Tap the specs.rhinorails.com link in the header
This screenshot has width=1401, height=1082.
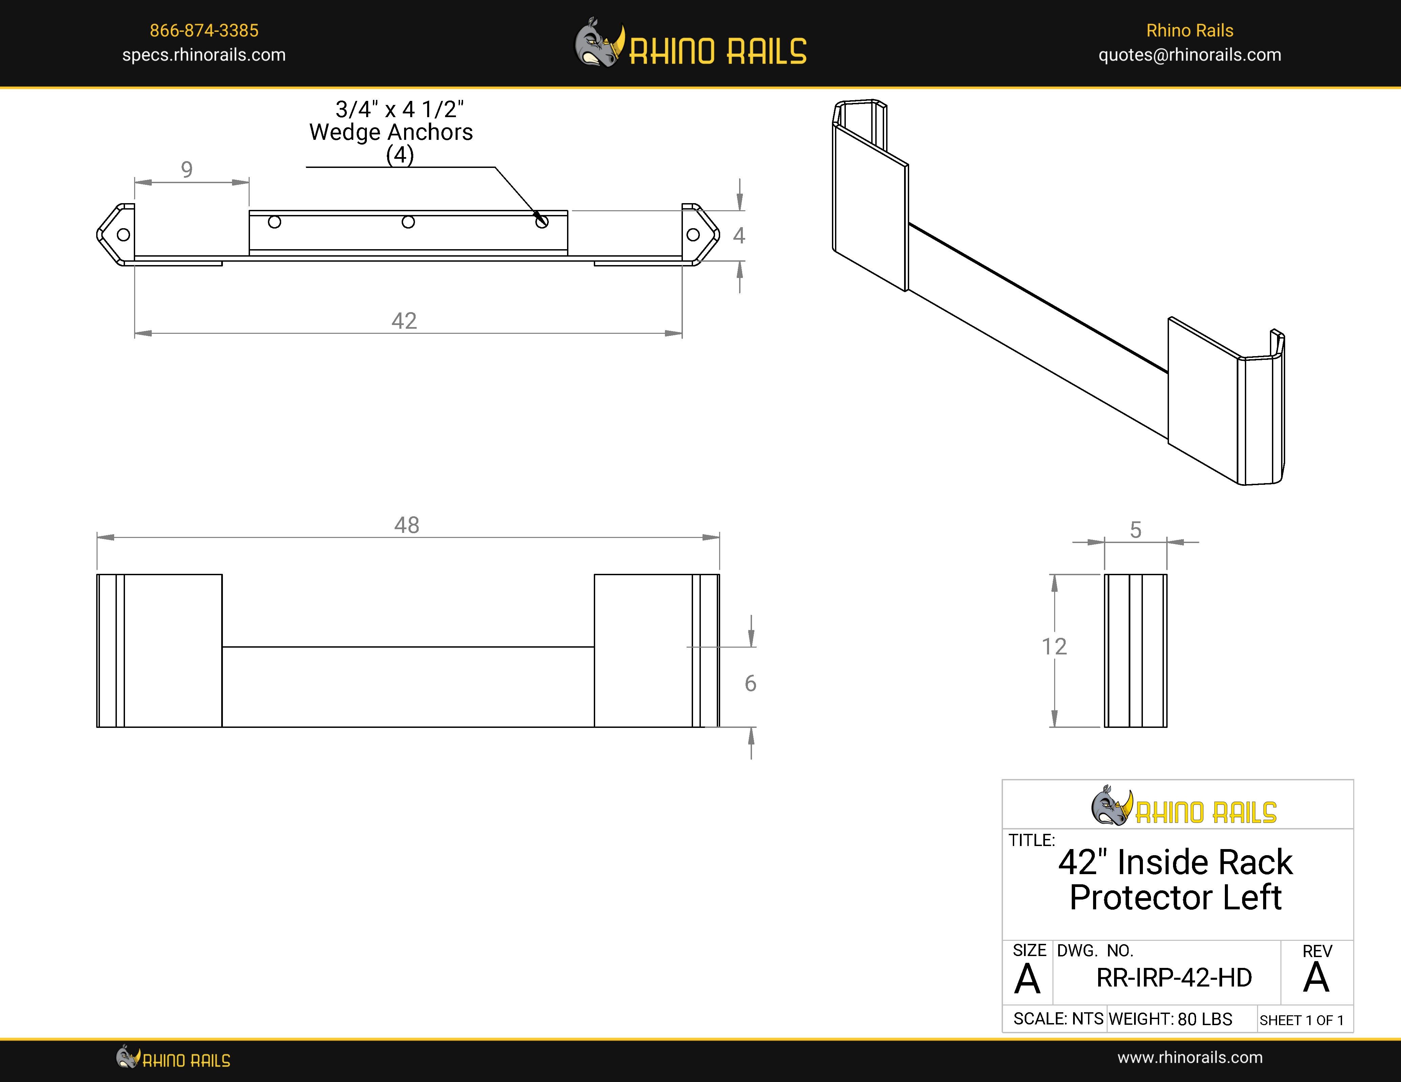pyautogui.click(x=204, y=55)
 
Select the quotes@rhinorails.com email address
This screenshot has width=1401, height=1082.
pyautogui.click(x=1189, y=55)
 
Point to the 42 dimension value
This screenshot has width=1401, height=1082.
pyautogui.click(x=404, y=321)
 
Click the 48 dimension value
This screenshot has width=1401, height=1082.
pyautogui.click(x=407, y=525)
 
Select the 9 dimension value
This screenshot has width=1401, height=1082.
pyautogui.click(x=187, y=169)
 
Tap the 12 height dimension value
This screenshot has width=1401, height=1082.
pyautogui.click(x=1054, y=646)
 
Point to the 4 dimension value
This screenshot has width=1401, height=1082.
pyautogui.click(x=739, y=236)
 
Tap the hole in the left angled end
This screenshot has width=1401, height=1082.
pyautogui.click(x=124, y=235)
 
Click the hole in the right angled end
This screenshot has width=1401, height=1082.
pyautogui.click(x=693, y=235)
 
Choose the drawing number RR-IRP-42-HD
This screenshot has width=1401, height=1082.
pyautogui.click(x=1174, y=977)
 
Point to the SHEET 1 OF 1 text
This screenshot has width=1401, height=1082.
pyautogui.click(x=1301, y=1020)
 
